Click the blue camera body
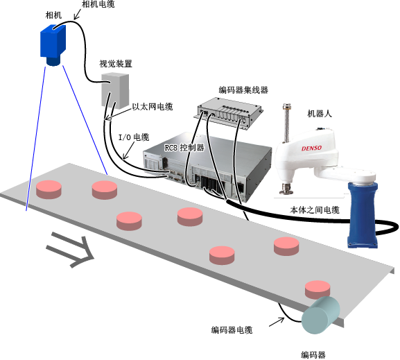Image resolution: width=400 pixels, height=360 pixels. point(53,42)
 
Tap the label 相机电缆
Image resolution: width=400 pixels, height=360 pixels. point(98,4)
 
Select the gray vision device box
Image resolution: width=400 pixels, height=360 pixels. point(115,91)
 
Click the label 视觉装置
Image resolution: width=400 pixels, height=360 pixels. point(116,64)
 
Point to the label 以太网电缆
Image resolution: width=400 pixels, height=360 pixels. point(153,106)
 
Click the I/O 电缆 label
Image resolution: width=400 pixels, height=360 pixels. point(134,137)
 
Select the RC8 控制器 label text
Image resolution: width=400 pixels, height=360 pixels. point(184,148)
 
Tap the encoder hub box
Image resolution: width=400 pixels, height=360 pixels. point(230,112)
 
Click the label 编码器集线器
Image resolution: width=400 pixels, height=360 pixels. point(243,90)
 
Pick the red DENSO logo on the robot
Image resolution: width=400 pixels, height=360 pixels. point(311,148)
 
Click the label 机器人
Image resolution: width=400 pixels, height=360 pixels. point(320,113)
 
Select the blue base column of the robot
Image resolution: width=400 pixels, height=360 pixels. point(363,215)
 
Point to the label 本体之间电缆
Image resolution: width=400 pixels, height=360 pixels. point(315,210)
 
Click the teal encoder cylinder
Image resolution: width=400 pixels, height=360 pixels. point(320,316)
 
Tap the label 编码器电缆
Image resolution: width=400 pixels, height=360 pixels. point(232,330)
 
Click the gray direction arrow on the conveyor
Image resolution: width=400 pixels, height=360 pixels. point(70,250)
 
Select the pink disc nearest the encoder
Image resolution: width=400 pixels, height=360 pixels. point(318,289)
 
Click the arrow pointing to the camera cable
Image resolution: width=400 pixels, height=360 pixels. point(77,14)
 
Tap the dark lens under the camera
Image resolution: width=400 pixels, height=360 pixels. point(53,62)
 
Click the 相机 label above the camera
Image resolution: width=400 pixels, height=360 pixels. point(53,15)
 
